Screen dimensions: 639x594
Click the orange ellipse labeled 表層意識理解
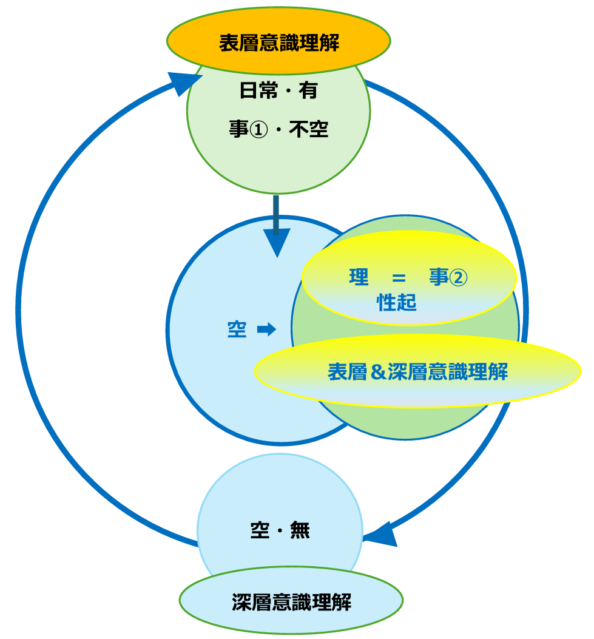278,43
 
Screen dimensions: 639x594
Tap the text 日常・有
278,92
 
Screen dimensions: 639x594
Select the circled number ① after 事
256,129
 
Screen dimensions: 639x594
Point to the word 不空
308,129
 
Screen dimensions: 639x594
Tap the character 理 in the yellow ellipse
359,277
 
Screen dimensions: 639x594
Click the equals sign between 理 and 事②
398,278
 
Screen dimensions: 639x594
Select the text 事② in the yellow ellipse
448,277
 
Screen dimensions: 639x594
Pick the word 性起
397,303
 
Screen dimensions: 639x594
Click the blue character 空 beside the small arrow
237,330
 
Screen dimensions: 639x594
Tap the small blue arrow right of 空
266,330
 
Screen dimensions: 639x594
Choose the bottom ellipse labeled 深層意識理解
291,602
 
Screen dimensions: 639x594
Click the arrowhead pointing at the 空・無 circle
379,535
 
